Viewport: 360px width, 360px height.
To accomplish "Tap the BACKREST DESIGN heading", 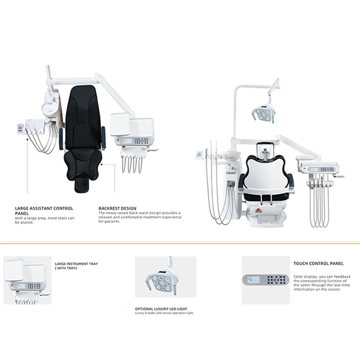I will coord(118,208).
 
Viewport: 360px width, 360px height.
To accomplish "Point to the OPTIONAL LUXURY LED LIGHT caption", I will coord(161,309).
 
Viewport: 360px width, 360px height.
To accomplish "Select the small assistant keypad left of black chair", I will coord(20,129).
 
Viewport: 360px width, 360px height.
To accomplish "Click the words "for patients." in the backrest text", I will coord(109,222).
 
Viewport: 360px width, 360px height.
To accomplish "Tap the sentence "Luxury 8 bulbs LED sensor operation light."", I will coord(165,313).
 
